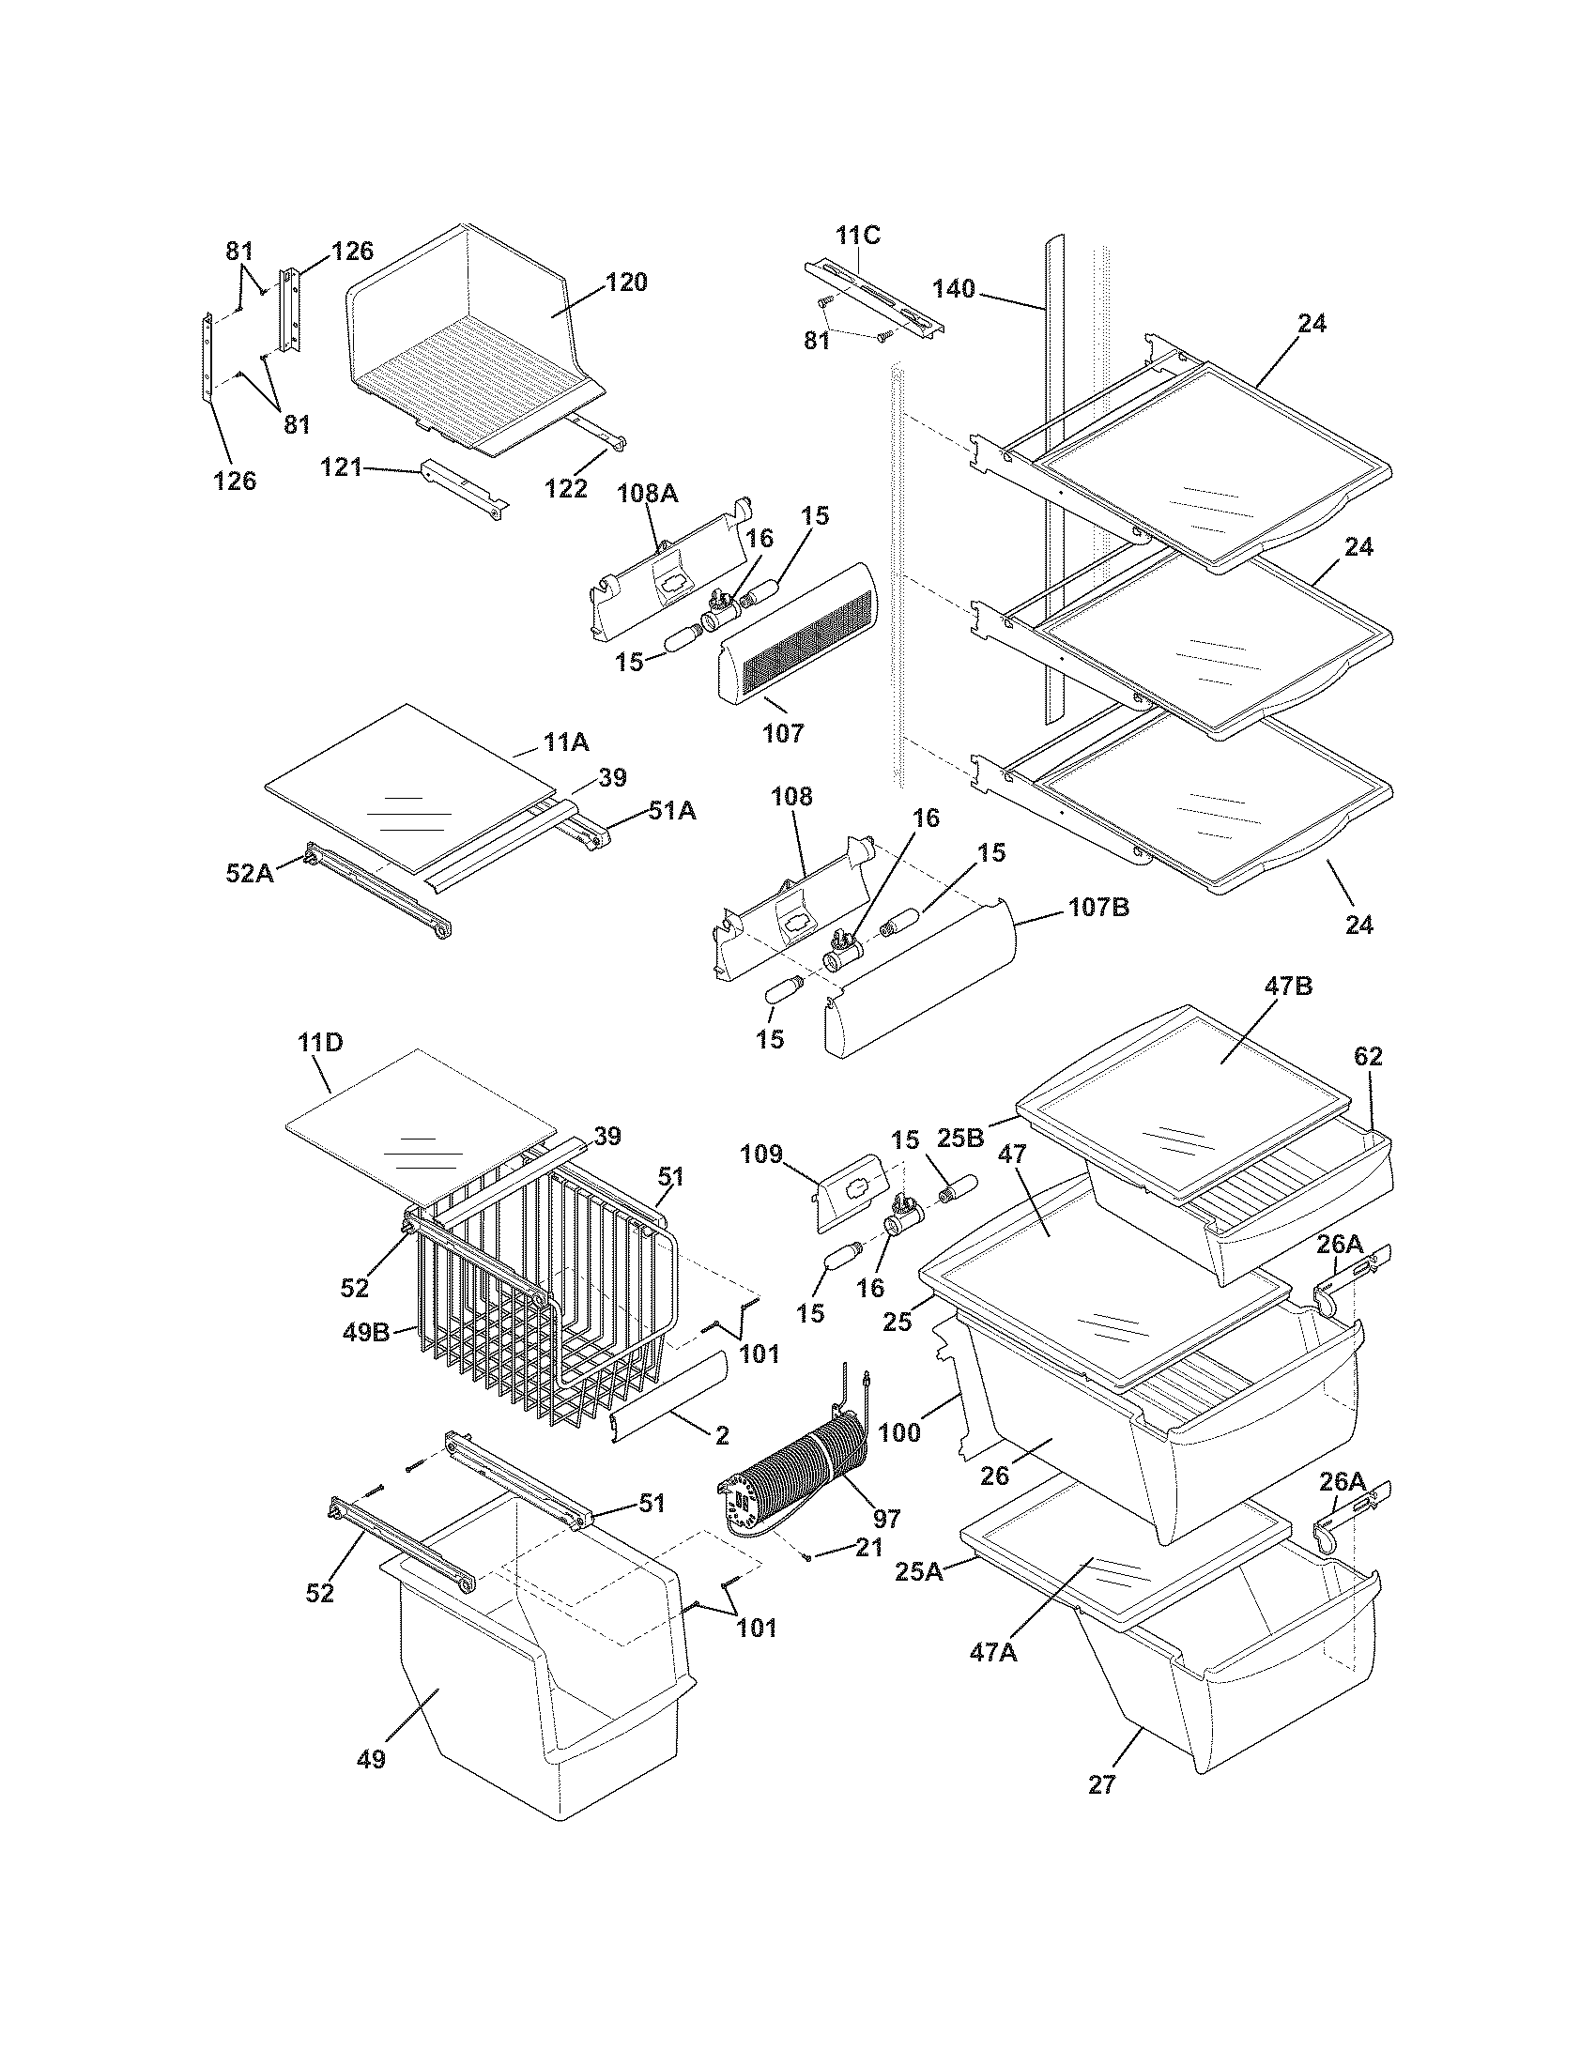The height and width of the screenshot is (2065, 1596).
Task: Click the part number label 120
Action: (x=626, y=282)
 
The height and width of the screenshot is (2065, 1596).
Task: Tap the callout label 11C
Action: (x=857, y=236)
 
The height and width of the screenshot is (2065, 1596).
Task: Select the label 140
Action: (x=953, y=288)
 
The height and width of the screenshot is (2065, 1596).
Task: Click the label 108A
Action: (x=649, y=493)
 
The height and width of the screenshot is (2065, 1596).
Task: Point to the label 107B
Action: (x=1098, y=908)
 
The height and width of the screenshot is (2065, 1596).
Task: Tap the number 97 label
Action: (x=886, y=1519)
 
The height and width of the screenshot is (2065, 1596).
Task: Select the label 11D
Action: (x=319, y=1043)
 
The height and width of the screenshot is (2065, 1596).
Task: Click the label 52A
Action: (x=250, y=873)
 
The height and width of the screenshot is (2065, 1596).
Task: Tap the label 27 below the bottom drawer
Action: (x=1101, y=1784)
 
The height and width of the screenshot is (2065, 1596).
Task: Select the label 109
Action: (x=762, y=1154)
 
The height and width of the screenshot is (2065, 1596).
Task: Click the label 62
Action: (x=1367, y=1057)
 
